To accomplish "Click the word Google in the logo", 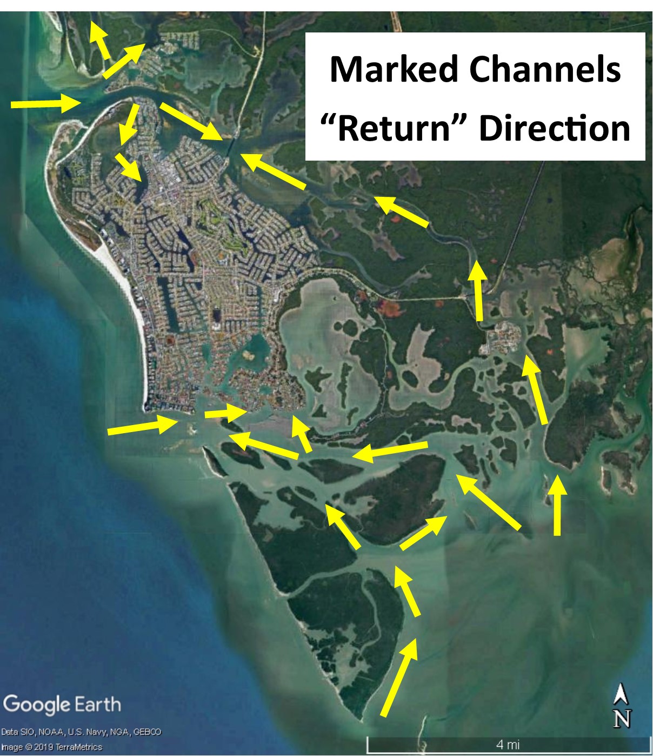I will pos(37,705).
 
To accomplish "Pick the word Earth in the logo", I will pos(97,704).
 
